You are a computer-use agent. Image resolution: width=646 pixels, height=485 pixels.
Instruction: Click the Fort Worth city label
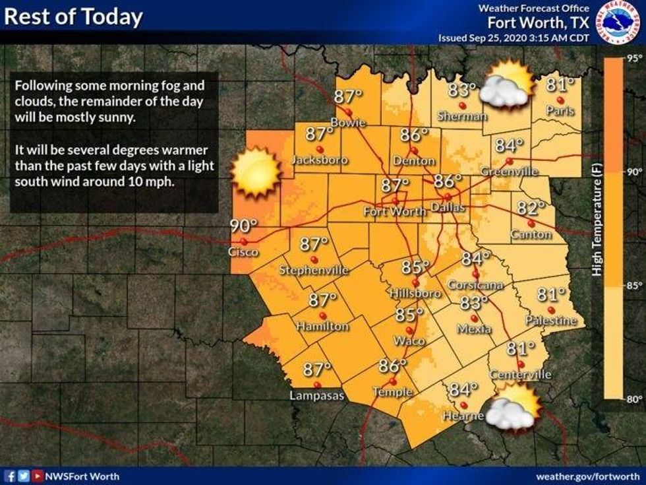tap(395, 212)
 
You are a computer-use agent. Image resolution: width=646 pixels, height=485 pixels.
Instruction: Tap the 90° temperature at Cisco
tap(243, 226)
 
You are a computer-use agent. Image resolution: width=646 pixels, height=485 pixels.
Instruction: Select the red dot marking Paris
tap(560, 100)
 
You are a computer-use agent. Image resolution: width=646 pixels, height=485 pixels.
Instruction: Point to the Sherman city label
tap(462, 116)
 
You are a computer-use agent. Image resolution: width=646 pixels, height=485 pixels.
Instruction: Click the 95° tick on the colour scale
tap(634, 58)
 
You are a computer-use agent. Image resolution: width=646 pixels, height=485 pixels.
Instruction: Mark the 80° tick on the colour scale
tap(634, 399)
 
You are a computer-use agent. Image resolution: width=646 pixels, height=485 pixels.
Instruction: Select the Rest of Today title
tap(73, 16)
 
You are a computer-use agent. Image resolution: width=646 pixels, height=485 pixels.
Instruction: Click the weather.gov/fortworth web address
tap(587, 475)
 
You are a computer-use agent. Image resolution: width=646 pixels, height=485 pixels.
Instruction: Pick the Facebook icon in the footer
tap(10, 475)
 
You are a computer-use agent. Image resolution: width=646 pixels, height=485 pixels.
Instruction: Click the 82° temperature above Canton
tap(531, 209)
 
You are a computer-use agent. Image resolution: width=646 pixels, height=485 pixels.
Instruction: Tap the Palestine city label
tap(551, 321)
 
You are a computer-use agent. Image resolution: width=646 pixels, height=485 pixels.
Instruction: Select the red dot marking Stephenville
tap(314, 259)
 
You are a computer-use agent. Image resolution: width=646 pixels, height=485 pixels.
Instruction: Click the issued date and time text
tap(514, 38)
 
